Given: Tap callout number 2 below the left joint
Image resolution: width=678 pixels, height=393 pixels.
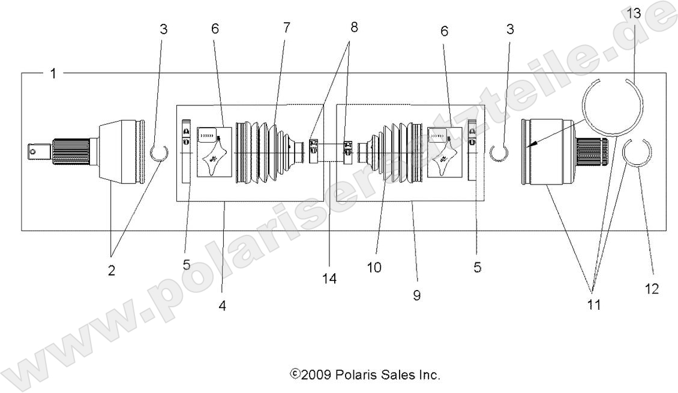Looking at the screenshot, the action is tap(112, 270).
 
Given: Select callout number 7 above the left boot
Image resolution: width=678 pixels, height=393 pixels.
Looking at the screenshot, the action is tap(286, 28).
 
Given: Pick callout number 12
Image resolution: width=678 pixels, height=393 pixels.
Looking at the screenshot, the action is tap(652, 289).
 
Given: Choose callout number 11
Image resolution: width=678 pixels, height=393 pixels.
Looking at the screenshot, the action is tap(594, 304).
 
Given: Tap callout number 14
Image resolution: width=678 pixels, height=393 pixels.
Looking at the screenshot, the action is tap(329, 278).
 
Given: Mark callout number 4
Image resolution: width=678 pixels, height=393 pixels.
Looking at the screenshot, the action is tap(222, 305).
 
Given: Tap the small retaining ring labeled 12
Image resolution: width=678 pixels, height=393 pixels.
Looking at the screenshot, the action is tap(637, 153).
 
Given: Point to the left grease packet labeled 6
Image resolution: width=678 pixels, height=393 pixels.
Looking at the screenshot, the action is tap(214, 152).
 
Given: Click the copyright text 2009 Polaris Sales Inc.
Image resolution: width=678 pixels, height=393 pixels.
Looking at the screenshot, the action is tap(365, 375).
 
